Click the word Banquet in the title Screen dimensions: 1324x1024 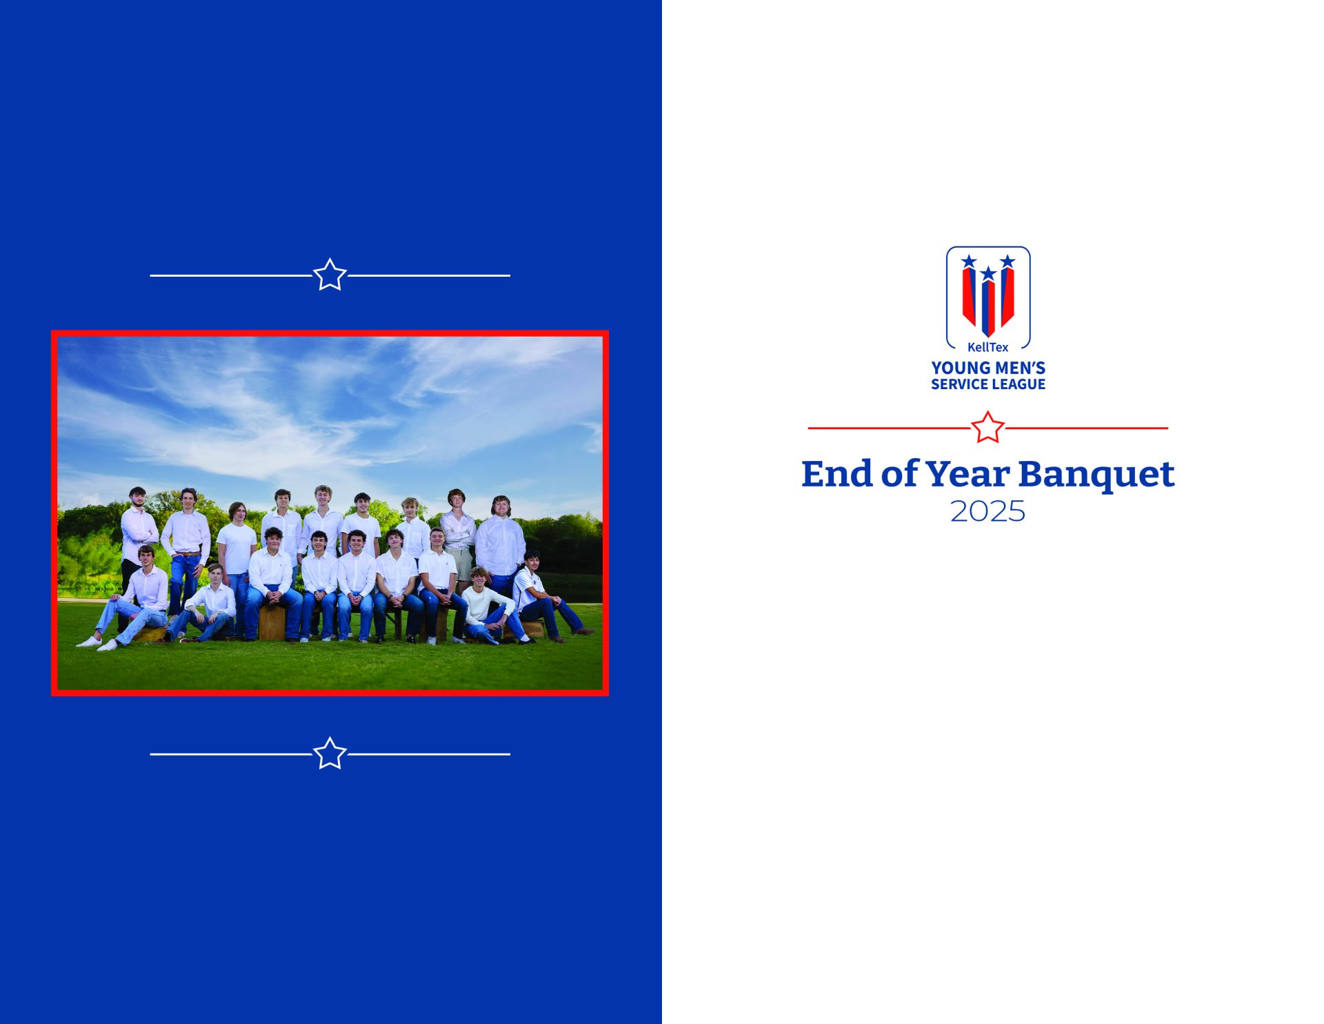tap(1096, 475)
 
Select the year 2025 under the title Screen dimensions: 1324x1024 tap(987, 511)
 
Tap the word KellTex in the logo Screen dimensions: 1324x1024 tap(987, 347)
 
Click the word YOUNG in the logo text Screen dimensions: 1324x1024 tap(959, 368)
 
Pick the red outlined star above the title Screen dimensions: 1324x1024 tap(987, 427)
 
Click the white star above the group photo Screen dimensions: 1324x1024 tap(330, 275)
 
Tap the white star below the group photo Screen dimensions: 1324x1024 tap(330, 754)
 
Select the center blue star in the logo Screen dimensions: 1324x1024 tap(988, 273)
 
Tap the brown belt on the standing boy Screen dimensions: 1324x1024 tap(186, 553)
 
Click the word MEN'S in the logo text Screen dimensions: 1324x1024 tap(1018, 368)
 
